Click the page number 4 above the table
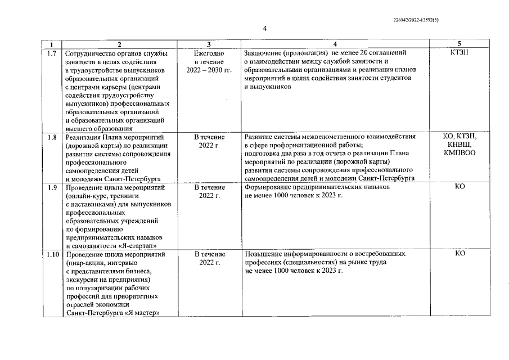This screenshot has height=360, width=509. [264, 29]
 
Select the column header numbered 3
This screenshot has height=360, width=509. [209, 44]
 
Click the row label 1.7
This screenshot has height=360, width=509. [52, 52]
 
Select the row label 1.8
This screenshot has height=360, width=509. [52, 136]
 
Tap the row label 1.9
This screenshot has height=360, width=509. [52, 187]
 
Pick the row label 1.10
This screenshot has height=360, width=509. [52, 254]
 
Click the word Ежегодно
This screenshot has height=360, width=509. [209, 52]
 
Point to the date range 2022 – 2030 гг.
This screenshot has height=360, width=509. [209, 70]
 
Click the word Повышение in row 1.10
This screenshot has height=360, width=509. [264, 254]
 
